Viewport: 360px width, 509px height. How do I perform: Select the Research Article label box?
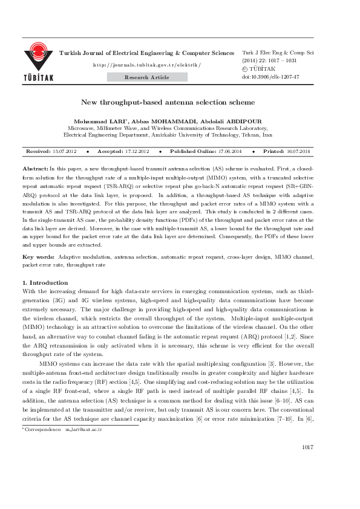click(146, 77)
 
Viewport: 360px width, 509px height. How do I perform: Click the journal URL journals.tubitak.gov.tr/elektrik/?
click(146, 65)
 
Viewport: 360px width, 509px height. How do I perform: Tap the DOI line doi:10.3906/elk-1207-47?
click(270, 77)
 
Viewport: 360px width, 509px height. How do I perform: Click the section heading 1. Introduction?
click(45, 282)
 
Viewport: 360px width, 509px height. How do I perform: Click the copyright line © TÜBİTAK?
click(261, 70)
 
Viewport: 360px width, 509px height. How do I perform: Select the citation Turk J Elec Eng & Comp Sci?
click(277, 53)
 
